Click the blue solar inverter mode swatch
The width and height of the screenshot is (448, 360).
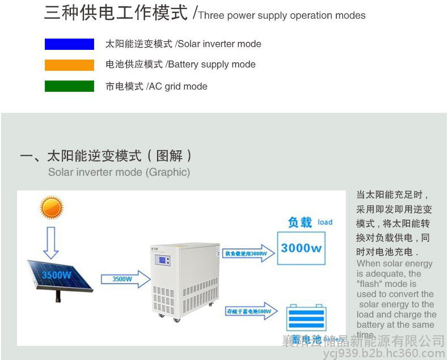pyautogui.click(x=69, y=44)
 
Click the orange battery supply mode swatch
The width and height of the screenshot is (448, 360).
pyautogui.click(x=69, y=65)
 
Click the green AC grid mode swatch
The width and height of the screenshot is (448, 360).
pyautogui.click(x=69, y=86)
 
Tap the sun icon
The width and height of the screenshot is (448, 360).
pyautogui.click(x=52, y=207)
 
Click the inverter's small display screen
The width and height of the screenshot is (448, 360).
pyautogui.click(x=163, y=262)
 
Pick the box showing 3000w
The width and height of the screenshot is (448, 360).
pyautogui.click(x=301, y=248)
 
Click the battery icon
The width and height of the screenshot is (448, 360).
pyautogui.click(x=306, y=319)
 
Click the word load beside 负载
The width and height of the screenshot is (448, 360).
pyautogui.click(x=325, y=222)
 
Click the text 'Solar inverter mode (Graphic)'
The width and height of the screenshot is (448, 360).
pyautogui.click(x=119, y=172)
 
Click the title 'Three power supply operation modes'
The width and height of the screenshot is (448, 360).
pyautogui.click(x=282, y=15)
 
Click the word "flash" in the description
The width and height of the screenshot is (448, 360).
pyautogui.click(x=371, y=283)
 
